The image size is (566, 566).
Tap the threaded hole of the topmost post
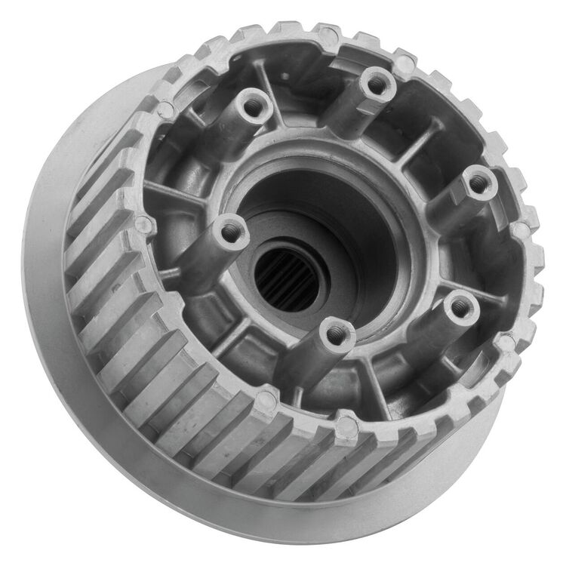[374, 82]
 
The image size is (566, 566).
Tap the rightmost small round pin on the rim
[521, 229]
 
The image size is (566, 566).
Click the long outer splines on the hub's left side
[113, 302]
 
